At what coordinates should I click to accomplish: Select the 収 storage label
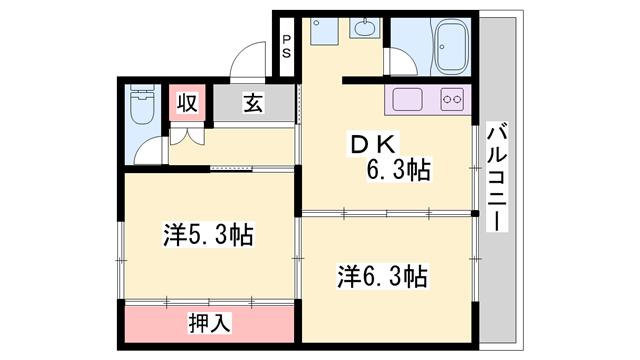click(x=187, y=102)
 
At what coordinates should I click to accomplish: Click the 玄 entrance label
click(x=253, y=102)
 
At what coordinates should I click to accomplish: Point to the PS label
click(x=286, y=48)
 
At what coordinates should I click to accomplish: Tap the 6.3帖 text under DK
click(x=397, y=171)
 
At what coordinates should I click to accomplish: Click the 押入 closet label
click(x=210, y=323)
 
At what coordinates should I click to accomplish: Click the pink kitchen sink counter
click(x=411, y=101)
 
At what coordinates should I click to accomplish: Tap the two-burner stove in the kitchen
click(x=452, y=101)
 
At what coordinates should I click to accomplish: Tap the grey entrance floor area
click(x=270, y=103)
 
